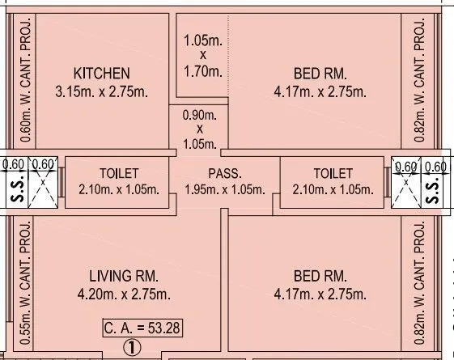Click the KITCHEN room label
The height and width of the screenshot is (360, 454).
tap(101, 73)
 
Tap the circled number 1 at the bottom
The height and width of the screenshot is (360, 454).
tap(129, 348)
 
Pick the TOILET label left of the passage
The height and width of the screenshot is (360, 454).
tap(119, 173)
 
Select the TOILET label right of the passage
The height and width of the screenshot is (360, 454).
tap(333, 173)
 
